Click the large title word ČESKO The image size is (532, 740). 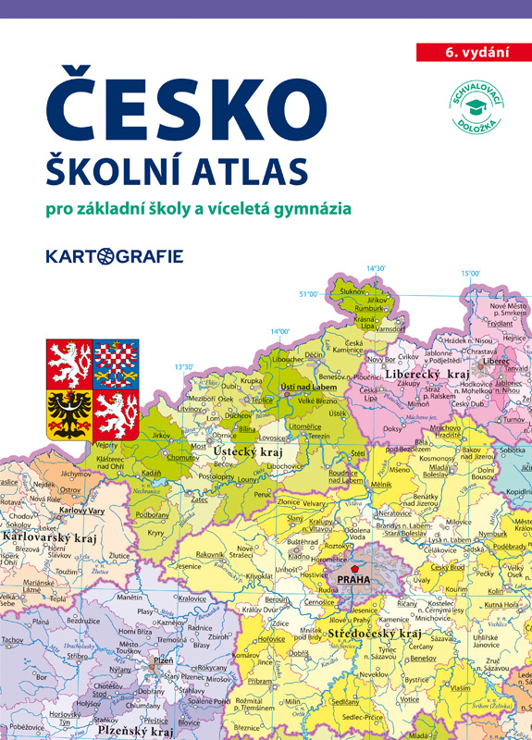188,106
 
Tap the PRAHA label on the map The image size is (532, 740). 353,580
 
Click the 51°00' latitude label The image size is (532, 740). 308,294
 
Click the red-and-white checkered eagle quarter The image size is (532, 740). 116,363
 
